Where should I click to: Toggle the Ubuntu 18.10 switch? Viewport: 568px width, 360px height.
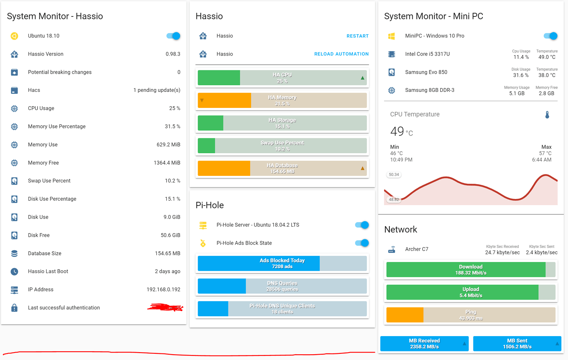(173, 36)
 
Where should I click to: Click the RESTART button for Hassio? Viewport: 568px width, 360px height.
(357, 36)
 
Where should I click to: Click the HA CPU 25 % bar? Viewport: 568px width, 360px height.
(282, 78)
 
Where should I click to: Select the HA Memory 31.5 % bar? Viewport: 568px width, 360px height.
(282, 101)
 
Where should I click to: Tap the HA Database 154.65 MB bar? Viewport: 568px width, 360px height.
(282, 168)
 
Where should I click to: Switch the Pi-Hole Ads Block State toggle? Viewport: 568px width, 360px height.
(362, 243)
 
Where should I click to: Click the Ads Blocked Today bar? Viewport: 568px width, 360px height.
(282, 264)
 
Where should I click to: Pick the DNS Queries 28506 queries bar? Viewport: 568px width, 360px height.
(282, 286)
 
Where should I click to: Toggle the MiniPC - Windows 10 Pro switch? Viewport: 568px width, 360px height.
(550, 36)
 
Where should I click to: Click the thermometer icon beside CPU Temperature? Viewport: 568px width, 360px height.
(547, 115)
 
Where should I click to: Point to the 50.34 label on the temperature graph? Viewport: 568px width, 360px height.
(394, 175)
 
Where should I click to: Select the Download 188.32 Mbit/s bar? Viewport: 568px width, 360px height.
(470, 270)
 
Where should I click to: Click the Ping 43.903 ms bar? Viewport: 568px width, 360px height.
(470, 315)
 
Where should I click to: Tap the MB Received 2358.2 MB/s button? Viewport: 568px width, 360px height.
(424, 344)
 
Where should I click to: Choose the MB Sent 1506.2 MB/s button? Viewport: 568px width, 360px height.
(517, 344)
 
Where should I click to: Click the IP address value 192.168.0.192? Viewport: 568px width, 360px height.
(163, 290)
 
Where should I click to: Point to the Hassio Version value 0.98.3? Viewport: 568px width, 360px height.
(172, 54)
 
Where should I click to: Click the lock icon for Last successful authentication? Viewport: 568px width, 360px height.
(14, 308)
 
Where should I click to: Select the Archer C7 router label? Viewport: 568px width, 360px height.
(417, 249)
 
